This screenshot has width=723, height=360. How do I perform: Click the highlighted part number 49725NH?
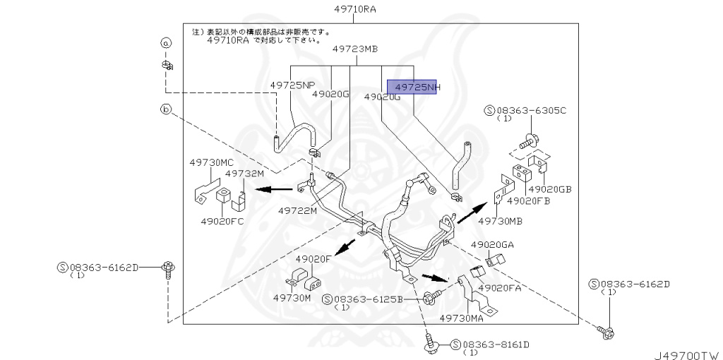coord(417,87)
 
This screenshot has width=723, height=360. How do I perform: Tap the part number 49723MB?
coord(355,49)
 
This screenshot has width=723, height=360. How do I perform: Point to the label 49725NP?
coord(292,85)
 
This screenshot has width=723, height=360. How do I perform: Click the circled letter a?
coord(166,43)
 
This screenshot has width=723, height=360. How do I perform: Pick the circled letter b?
coord(166,109)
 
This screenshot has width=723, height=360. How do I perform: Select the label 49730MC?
coord(211,162)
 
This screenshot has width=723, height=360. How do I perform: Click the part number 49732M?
coord(244,173)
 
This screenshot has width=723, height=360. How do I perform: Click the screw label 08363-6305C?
coord(525,110)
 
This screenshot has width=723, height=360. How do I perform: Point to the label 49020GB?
coord(549,189)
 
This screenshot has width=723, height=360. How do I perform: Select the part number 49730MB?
coord(500,221)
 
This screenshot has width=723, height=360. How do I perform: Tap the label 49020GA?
coord(492,244)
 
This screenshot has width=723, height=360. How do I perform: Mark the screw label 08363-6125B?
coord(367,299)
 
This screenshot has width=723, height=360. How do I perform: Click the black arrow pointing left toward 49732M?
coord(275,188)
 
